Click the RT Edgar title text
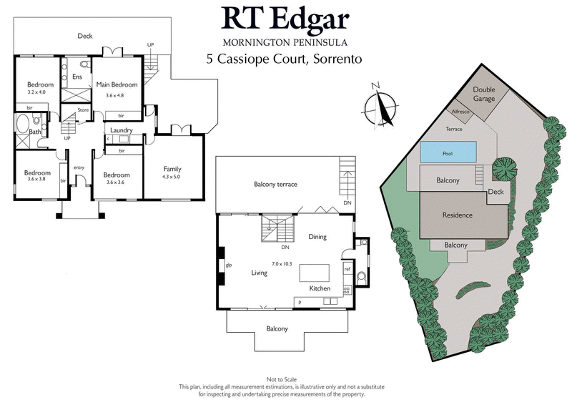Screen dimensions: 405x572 point(286,19)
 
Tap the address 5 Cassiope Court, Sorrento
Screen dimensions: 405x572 point(285,60)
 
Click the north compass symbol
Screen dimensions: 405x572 point(379,107)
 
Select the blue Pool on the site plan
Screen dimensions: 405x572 point(448,152)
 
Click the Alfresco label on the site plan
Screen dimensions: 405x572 point(458,112)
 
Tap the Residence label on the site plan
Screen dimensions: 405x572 point(457,215)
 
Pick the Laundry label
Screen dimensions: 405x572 point(123,130)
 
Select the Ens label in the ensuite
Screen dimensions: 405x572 point(77,77)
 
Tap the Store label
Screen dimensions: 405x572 point(83,110)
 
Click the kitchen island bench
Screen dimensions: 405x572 point(314,273)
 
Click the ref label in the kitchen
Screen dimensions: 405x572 point(347,269)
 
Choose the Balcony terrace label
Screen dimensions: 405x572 point(275,185)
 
